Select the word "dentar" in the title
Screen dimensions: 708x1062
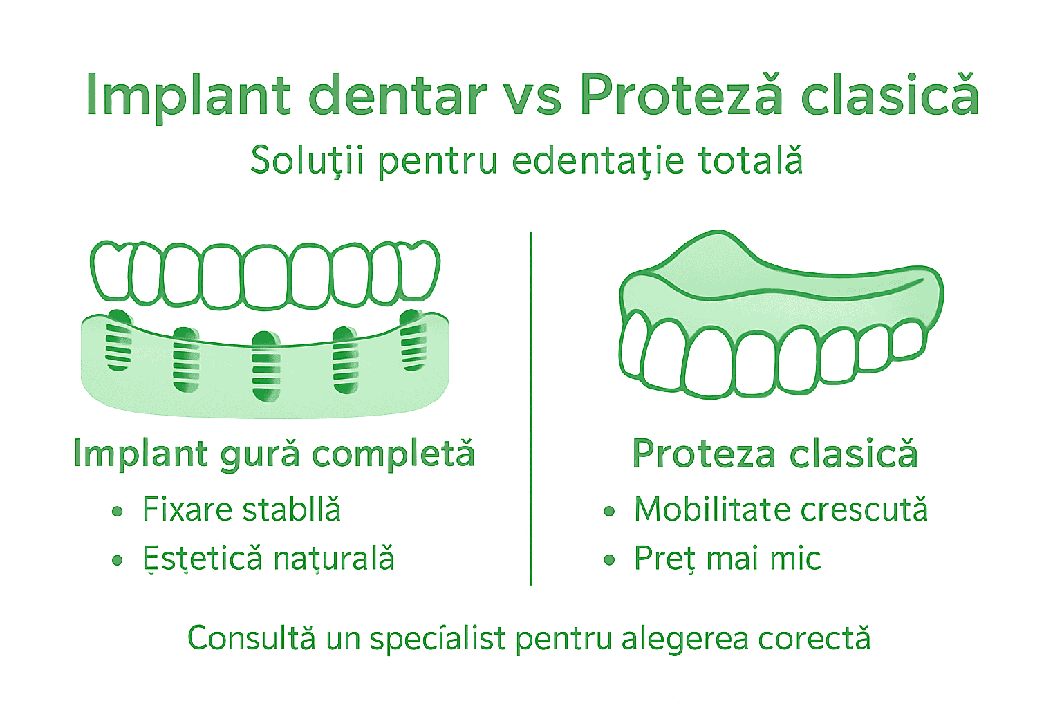(x=397, y=95)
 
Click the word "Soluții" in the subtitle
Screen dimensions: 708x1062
(x=307, y=160)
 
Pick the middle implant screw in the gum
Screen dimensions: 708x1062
(x=266, y=366)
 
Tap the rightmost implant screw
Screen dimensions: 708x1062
(x=413, y=340)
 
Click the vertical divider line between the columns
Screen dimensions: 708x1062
(x=531, y=408)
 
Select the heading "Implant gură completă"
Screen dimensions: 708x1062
(x=274, y=454)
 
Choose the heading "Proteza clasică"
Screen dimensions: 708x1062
(x=775, y=454)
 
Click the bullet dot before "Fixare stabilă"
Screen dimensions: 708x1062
(x=118, y=512)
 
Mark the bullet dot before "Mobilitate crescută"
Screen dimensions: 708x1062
(x=609, y=512)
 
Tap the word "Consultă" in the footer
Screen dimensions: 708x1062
(x=252, y=638)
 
